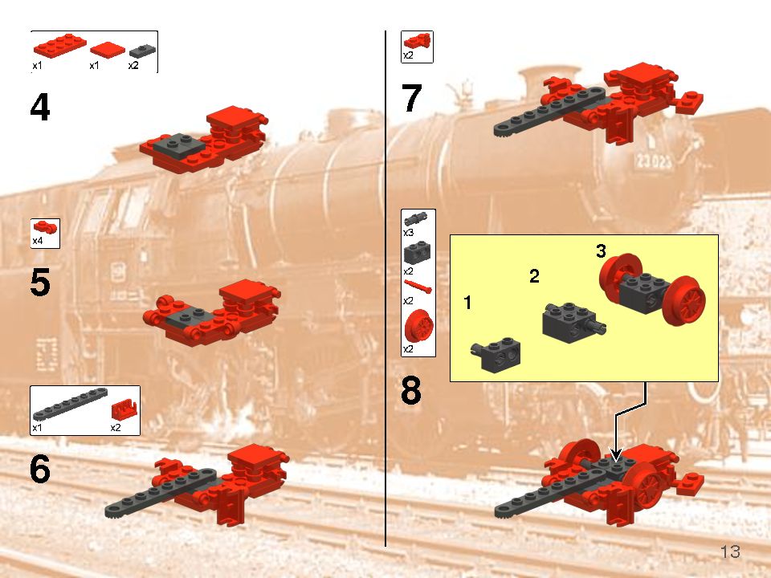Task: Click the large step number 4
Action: point(40,108)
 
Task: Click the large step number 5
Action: point(40,283)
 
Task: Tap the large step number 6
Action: point(40,470)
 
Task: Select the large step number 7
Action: point(411,99)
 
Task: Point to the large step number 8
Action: point(411,392)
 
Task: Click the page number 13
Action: point(730,552)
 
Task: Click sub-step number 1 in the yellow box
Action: point(468,303)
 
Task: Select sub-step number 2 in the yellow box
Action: point(534,277)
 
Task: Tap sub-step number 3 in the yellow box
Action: point(601,251)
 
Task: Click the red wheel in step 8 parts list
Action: point(418,328)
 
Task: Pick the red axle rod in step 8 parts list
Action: point(418,286)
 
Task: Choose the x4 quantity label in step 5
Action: point(38,241)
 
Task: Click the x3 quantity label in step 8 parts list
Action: point(408,232)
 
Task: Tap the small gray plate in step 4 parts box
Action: point(140,50)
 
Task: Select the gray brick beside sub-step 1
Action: point(496,353)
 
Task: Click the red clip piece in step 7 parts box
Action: point(417,41)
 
